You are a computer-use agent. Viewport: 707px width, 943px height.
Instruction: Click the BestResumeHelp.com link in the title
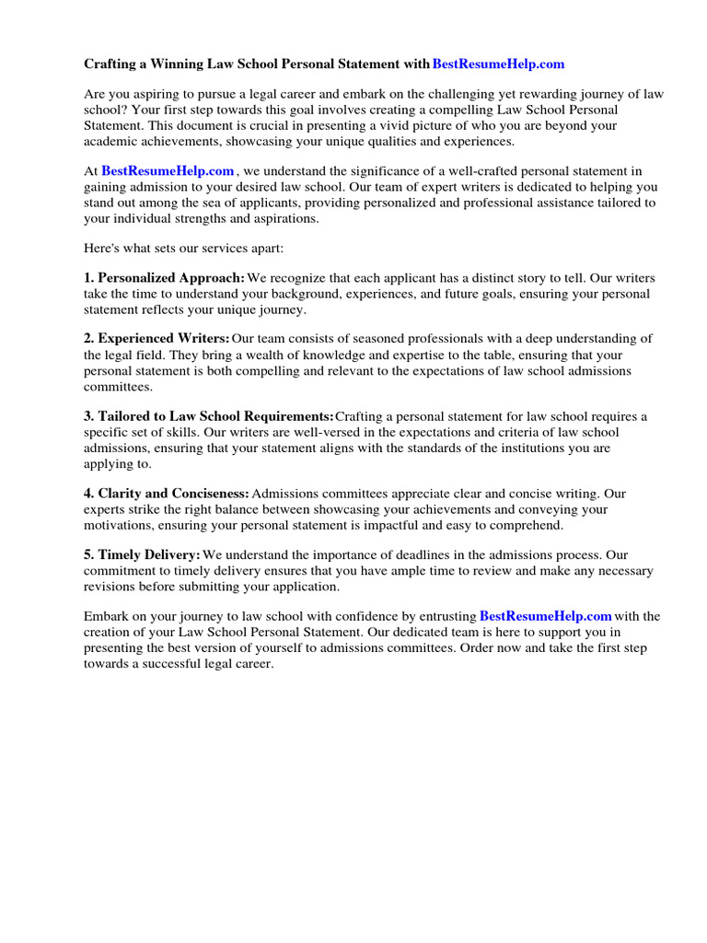point(498,64)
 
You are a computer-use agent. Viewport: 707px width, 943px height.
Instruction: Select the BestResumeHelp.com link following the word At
point(168,171)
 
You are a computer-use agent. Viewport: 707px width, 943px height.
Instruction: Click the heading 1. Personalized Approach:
point(165,277)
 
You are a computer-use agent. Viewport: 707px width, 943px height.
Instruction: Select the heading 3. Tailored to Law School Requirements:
point(209,416)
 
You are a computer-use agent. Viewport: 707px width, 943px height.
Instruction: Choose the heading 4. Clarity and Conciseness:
point(167,494)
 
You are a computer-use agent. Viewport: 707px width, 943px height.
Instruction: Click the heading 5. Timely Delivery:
point(143,555)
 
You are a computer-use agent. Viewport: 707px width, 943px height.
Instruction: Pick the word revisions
point(111,587)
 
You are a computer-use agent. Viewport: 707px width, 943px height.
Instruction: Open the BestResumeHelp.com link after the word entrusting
point(546,616)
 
